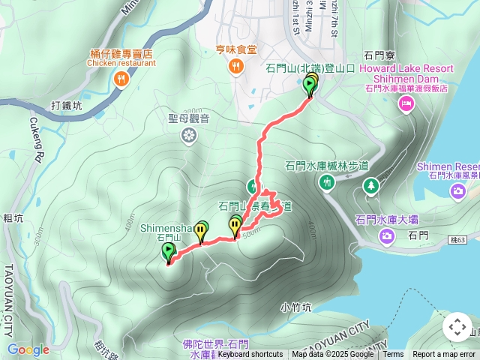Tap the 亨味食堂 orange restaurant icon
pos(236,67)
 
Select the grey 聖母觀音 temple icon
pos(190,135)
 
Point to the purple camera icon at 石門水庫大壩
pos(387,237)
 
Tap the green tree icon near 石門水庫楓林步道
pos(370,184)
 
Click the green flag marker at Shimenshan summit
pos(168,252)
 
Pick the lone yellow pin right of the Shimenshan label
pos(201,232)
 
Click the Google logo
pos(28,349)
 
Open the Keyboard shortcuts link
pos(250,355)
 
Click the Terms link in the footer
pos(393,355)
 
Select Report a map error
pos(445,355)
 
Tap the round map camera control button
pos(457,327)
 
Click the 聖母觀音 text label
pos(189,118)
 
